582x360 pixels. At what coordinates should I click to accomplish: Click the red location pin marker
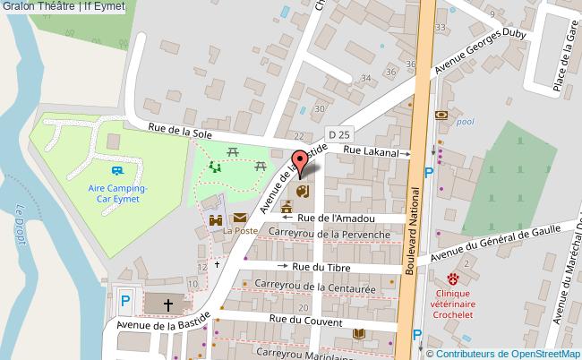[x=301, y=164]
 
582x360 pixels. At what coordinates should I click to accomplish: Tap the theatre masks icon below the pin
[x=302, y=191]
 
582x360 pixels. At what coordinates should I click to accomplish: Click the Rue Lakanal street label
[x=370, y=152]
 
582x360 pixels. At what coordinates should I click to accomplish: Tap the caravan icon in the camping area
[x=117, y=170]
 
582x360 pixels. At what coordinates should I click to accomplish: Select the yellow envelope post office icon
[x=241, y=218]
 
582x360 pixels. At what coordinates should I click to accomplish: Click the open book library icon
[x=358, y=334]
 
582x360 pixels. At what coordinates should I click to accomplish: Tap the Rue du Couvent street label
[x=305, y=320]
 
